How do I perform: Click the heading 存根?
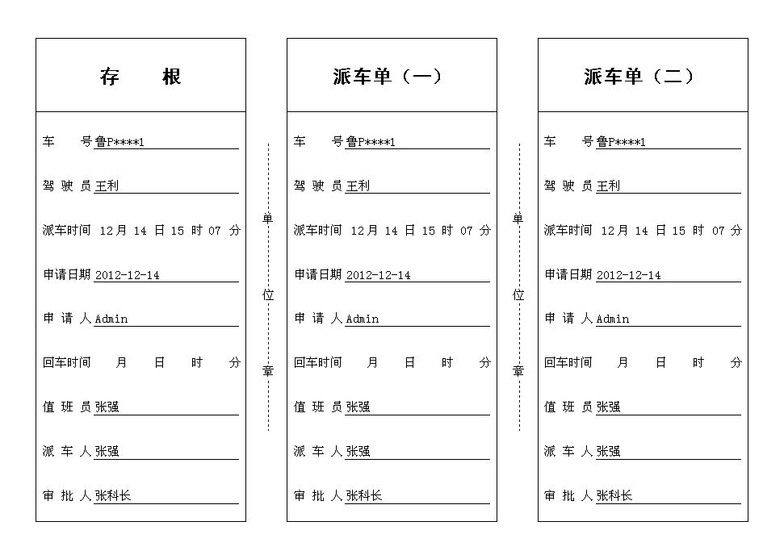140,77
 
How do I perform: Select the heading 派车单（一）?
388,77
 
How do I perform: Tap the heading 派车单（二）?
639,77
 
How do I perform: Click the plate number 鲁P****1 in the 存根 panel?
119,142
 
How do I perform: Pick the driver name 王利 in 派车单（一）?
358,186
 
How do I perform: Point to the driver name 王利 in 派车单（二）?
608,186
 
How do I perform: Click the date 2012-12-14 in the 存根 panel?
127,275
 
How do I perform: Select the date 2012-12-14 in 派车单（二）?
628,275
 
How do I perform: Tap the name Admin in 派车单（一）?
362,319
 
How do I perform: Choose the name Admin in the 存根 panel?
111,319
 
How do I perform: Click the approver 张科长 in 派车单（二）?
614,496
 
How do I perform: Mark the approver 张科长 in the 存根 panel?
113,496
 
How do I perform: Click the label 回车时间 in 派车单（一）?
317,363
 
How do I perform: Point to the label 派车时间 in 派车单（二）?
568,231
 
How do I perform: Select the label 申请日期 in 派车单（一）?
317,275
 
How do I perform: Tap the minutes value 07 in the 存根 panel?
214,231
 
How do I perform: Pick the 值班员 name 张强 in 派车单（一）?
358,407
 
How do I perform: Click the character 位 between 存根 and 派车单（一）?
268,295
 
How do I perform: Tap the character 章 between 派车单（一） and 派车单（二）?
518,371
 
